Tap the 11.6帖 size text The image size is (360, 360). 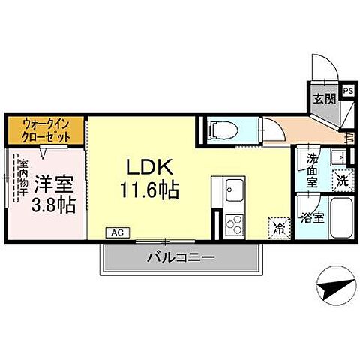(x=147, y=191)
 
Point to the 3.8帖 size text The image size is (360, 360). (x=53, y=204)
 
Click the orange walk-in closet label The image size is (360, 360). (x=46, y=131)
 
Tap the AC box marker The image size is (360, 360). (x=116, y=233)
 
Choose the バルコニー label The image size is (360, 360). (x=180, y=256)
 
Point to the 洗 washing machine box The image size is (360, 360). (x=342, y=180)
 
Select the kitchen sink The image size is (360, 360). (x=231, y=189)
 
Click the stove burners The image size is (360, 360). (x=232, y=223)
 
